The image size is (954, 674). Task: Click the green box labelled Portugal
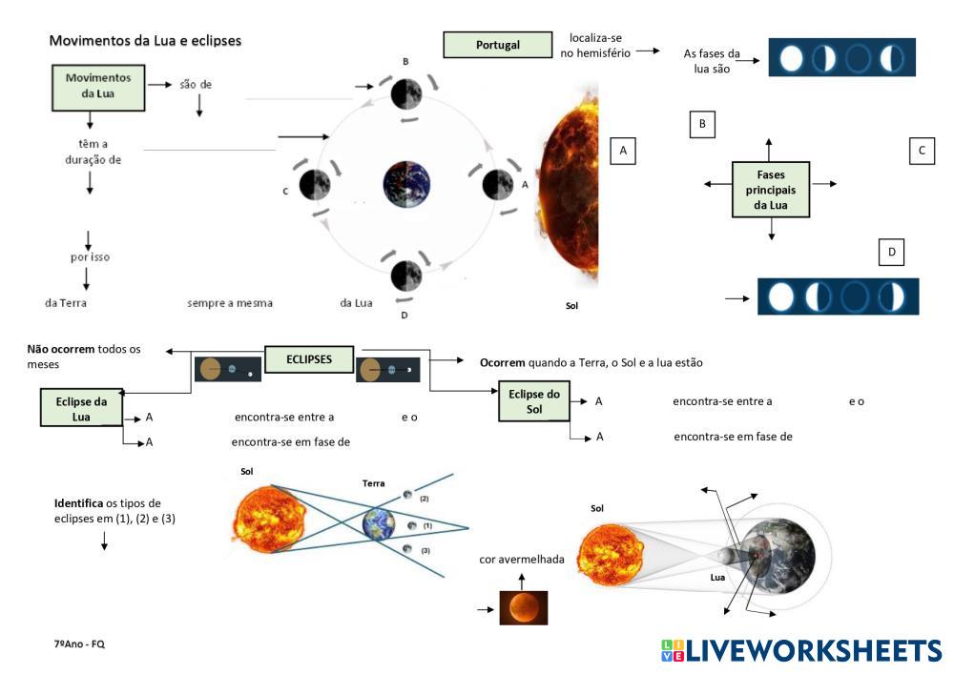click(x=498, y=45)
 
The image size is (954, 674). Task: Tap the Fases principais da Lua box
click(x=771, y=191)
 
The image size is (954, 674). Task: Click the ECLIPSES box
click(x=309, y=359)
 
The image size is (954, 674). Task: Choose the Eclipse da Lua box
click(x=80, y=408)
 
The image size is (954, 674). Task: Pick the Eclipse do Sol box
click(x=533, y=401)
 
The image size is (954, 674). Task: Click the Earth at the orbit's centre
click(x=407, y=184)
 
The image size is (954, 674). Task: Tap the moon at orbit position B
click(x=405, y=93)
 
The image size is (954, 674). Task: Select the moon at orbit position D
click(x=406, y=275)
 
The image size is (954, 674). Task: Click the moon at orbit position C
click(x=315, y=184)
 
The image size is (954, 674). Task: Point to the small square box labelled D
click(x=891, y=252)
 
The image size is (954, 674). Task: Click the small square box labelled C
click(x=921, y=151)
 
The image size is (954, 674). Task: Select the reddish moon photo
click(x=524, y=607)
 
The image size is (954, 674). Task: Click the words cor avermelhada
click(x=522, y=559)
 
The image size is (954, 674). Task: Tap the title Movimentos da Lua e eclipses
click(x=145, y=41)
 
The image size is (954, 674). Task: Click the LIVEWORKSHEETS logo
click(x=800, y=650)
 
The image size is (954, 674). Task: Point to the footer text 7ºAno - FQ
click(x=79, y=644)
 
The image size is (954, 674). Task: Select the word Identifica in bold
click(x=79, y=501)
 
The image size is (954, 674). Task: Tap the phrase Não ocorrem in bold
click(x=61, y=349)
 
